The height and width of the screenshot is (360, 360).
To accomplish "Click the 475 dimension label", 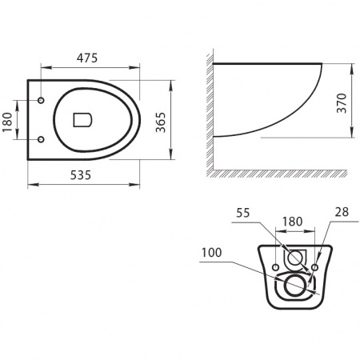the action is (87, 58).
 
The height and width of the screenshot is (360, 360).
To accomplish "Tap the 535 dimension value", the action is (81, 175).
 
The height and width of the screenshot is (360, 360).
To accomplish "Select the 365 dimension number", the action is (161, 122).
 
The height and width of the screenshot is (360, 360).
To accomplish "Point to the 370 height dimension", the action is (342, 103).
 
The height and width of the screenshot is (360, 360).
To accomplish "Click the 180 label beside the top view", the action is (7, 122).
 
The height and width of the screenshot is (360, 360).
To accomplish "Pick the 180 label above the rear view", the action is (292, 222).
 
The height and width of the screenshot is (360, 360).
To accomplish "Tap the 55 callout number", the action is (243, 213).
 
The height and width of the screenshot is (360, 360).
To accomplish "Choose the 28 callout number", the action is (342, 212).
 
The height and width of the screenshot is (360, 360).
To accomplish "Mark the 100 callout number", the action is (211, 253).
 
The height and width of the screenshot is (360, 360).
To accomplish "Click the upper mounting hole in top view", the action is (41, 100).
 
